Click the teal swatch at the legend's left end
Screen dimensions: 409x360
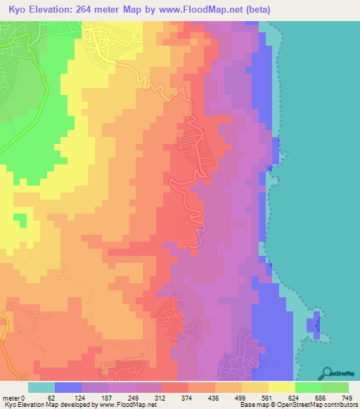click(x=41, y=387)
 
